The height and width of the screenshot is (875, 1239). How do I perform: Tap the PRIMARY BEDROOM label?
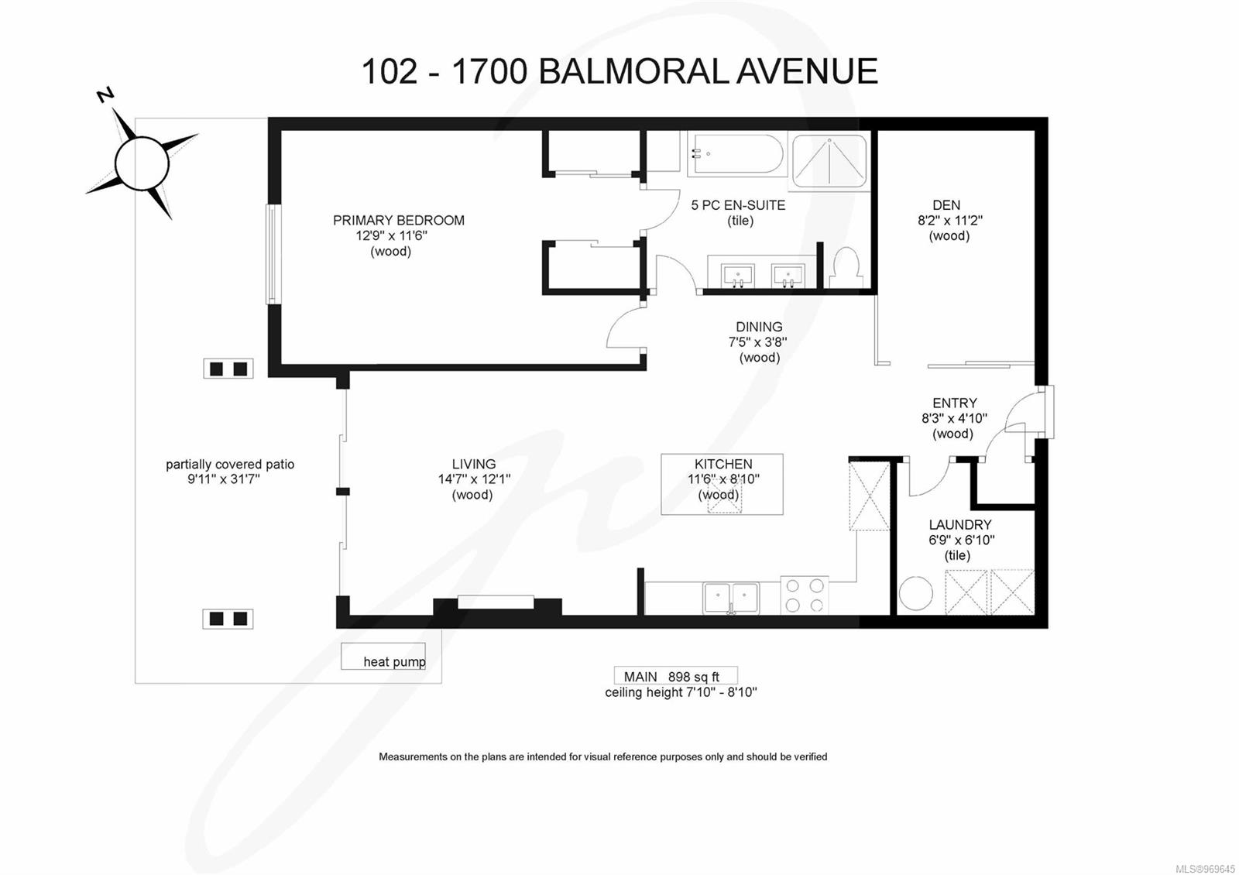coord(398,221)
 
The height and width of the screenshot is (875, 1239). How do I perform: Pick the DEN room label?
coord(946,205)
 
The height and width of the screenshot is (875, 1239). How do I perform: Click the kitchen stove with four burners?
coord(805,595)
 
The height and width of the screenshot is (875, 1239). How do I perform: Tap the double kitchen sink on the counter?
coord(731,598)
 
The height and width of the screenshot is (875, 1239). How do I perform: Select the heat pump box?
coord(383,656)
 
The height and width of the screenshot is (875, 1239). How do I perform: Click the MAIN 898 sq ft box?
coord(675,676)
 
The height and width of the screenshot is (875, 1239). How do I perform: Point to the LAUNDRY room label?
coord(959,525)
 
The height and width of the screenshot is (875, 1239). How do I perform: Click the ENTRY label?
coord(954,403)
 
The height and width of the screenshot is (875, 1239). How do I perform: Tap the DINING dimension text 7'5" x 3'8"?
coord(757,342)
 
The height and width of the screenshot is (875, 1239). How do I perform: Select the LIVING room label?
coord(474,465)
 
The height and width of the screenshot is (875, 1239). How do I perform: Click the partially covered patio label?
coord(230,465)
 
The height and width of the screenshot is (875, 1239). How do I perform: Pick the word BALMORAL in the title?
coord(632,71)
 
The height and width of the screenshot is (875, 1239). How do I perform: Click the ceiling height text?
coord(681,692)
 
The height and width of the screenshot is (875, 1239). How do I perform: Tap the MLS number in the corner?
coord(1205,869)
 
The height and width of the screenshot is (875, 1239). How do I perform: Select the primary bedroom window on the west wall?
coord(272,254)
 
